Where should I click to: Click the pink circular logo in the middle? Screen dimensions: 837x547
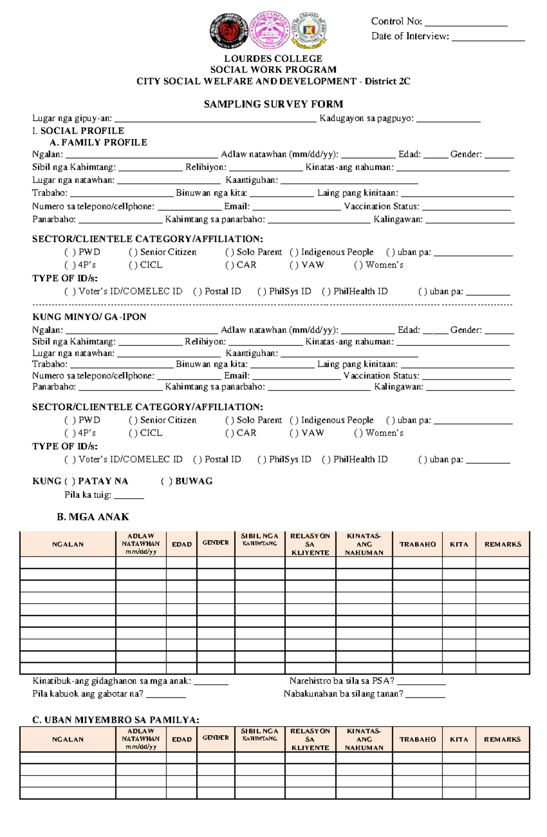pos(270,30)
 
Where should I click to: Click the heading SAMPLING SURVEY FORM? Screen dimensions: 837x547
pos(273,104)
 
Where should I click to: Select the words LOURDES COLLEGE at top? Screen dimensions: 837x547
pos(273,58)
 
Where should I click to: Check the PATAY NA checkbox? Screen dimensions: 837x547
pos(70,481)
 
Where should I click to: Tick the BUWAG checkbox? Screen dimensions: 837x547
pos(166,481)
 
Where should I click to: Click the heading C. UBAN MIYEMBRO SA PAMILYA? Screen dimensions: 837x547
pos(116,720)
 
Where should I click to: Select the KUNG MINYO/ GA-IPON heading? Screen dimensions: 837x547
pos(89,317)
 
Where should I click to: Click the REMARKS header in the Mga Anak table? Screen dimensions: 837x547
pos(503,544)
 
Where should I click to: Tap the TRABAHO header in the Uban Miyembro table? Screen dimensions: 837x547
pos(418,739)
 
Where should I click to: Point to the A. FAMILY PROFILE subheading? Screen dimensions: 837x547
pos(98,142)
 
